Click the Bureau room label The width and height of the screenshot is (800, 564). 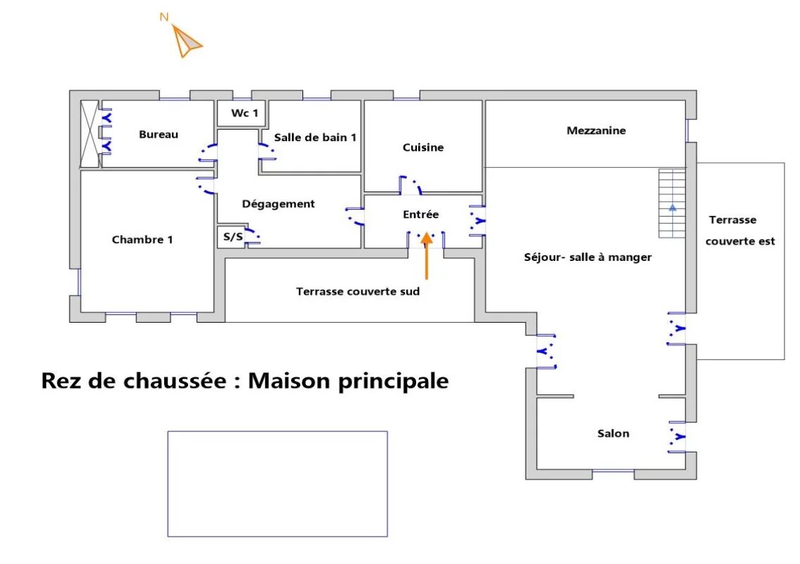click(x=159, y=135)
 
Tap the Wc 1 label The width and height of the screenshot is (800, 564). click(x=244, y=113)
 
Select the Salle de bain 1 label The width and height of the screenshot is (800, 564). click(x=315, y=137)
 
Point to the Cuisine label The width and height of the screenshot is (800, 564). click(x=423, y=147)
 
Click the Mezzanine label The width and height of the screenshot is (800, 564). click(x=596, y=130)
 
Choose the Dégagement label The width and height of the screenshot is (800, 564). click(x=278, y=204)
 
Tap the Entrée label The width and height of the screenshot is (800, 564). click(x=420, y=214)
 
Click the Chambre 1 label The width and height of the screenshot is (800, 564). click(x=142, y=240)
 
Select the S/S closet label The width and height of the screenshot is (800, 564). click(x=233, y=236)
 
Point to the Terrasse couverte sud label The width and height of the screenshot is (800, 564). click(x=358, y=292)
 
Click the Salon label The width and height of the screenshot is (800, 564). click(x=613, y=434)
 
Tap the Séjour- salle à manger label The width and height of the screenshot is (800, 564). click(x=588, y=257)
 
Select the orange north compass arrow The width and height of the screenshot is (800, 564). click(x=186, y=41)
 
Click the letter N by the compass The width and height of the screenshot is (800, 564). click(x=164, y=17)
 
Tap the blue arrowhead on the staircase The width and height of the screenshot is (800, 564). click(x=672, y=208)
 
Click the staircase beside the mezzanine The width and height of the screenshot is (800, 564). click(x=672, y=203)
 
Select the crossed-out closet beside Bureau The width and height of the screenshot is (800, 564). click(x=90, y=134)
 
